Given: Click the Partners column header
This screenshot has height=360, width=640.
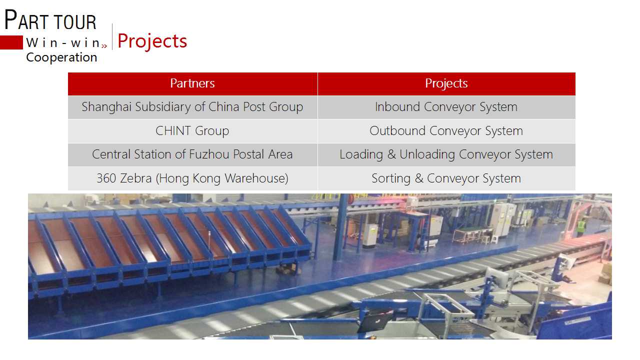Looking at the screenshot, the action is pyautogui.click(x=192, y=83).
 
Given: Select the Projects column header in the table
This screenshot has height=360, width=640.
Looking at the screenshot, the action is pyautogui.click(x=446, y=83).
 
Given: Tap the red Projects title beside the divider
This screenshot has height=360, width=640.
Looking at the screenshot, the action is pyautogui.click(x=152, y=41).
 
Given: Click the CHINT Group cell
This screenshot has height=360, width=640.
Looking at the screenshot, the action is pyautogui.click(x=192, y=131).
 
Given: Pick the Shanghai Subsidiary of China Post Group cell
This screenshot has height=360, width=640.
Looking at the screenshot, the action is pyautogui.click(x=192, y=107).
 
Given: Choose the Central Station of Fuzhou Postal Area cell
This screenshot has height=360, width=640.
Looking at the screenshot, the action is pyautogui.click(x=192, y=154).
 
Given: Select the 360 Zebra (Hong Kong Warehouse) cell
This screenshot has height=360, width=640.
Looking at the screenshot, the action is pyautogui.click(x=192, y=178).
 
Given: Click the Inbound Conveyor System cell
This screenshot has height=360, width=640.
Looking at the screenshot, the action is pyautogui.click(x=446, y=107).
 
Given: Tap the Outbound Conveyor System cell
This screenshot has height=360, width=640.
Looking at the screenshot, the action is pyautogui.click(x=446, y=131).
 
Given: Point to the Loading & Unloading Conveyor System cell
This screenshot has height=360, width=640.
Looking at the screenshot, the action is pyautogui.click(x=446, y=154).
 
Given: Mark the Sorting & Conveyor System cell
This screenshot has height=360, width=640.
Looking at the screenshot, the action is pyautogui.click(x=446, y=178).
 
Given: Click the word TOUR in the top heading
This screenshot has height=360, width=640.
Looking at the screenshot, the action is pyautogui.click(x=75, y=22).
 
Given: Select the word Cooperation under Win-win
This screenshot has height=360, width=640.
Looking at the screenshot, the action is pyautogui.click(x=61, y=57).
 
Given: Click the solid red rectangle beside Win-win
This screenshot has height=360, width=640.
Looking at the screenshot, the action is pyautogui.click(x=11, y=42).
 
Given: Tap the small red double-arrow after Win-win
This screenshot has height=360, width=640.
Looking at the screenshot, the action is pyautogui.click(x=104, y=45).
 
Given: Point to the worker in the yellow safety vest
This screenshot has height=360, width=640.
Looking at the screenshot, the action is pyautogui.click(x=581, y=227).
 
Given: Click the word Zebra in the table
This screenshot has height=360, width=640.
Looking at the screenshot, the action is pyautogui.click(x=135, y=178).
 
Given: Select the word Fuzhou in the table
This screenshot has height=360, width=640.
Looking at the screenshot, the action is pyautogui.click(x=209, y=154).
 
